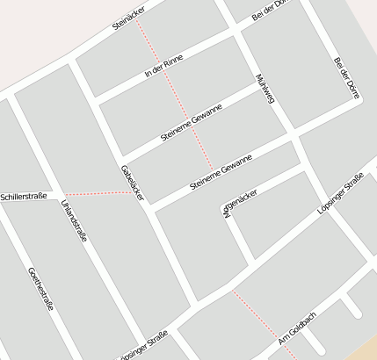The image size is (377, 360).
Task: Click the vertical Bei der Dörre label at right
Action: pyautogui.click(x=348, y=78)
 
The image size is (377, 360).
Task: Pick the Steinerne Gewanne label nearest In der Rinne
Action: pyautogui.click(x=192, y=123)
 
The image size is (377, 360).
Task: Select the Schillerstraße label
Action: pyautogui.click(x=24, y=197)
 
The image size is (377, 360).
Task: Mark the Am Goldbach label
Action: pyautogui.click(x=296, y=328)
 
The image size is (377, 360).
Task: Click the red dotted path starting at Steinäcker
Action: pyautogui.click(x=177, y=97)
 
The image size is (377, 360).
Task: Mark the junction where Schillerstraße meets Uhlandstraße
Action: pyautogui.click(x=60, y=194)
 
